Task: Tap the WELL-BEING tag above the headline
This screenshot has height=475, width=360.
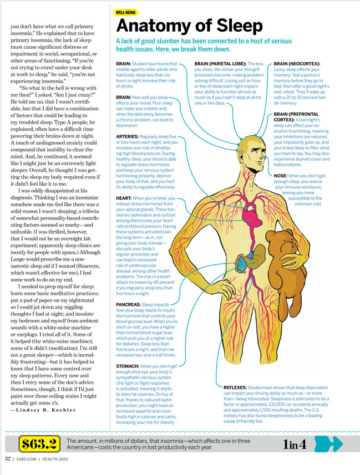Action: coord(126,11)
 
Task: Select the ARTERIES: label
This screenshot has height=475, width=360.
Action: coord(131,136)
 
